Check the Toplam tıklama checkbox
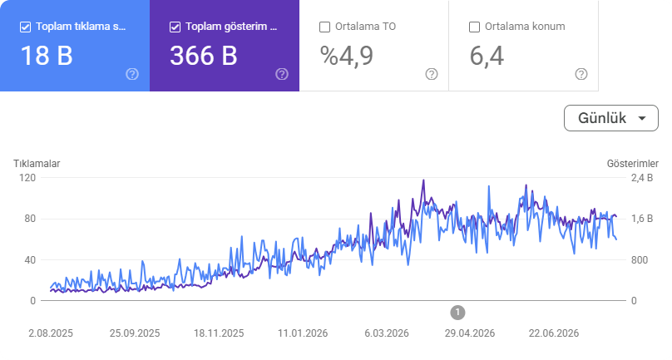(25, 27)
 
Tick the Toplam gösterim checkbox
(175, 27)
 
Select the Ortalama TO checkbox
(325, 27)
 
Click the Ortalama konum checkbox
(474, 27)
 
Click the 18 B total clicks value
(47, 56)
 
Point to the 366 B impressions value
(204, 56)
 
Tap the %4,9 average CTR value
(347, 56)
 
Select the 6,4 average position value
(487, 56)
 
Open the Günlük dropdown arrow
(642, 118)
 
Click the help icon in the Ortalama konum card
(581, 74)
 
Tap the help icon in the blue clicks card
(132, 74)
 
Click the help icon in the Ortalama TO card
(432, 74)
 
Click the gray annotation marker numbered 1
(457, 313)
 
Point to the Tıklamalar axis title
(37, 164)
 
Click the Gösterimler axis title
(633, 164)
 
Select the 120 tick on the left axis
(27, 178)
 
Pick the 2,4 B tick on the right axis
(642, 178)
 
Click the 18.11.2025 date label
(219, 333)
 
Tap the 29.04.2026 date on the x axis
(470, 333)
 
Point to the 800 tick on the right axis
(640, 260)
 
